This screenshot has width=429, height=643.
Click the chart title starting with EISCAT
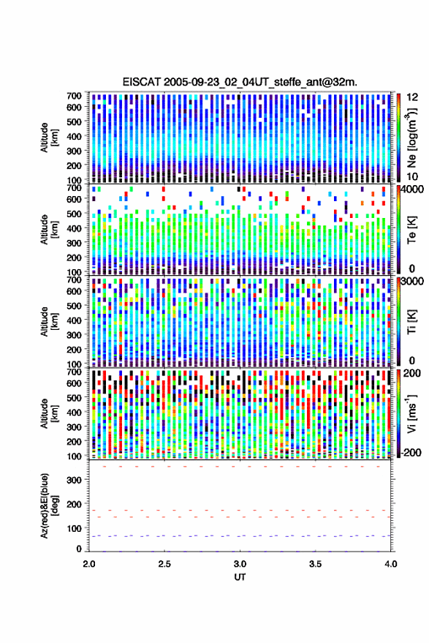coord(240,82)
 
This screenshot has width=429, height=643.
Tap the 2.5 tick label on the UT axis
coord(164,564)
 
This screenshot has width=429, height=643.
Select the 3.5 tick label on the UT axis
coord(315,564)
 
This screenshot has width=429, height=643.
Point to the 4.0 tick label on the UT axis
coord(390,564)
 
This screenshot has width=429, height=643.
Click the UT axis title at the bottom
coord(240,577)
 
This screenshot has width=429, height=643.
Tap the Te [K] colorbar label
coord(411,230)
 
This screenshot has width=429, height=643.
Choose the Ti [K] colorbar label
coord(411,323)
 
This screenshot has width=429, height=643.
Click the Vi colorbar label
coord(411,413)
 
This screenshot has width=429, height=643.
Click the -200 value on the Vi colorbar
coord(410,453)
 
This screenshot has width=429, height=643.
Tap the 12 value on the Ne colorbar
coord(412,97)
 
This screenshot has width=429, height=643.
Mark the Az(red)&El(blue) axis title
coord(49,505)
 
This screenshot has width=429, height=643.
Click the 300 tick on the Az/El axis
coord(74,480)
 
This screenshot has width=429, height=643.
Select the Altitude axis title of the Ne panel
coord(49,138)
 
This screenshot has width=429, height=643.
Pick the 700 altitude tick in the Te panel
coord(74,188)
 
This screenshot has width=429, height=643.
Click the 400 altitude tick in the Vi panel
coord(74,412)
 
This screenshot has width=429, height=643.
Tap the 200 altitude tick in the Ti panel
coord(74,350)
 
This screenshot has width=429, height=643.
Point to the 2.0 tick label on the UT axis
coord(89,564)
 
